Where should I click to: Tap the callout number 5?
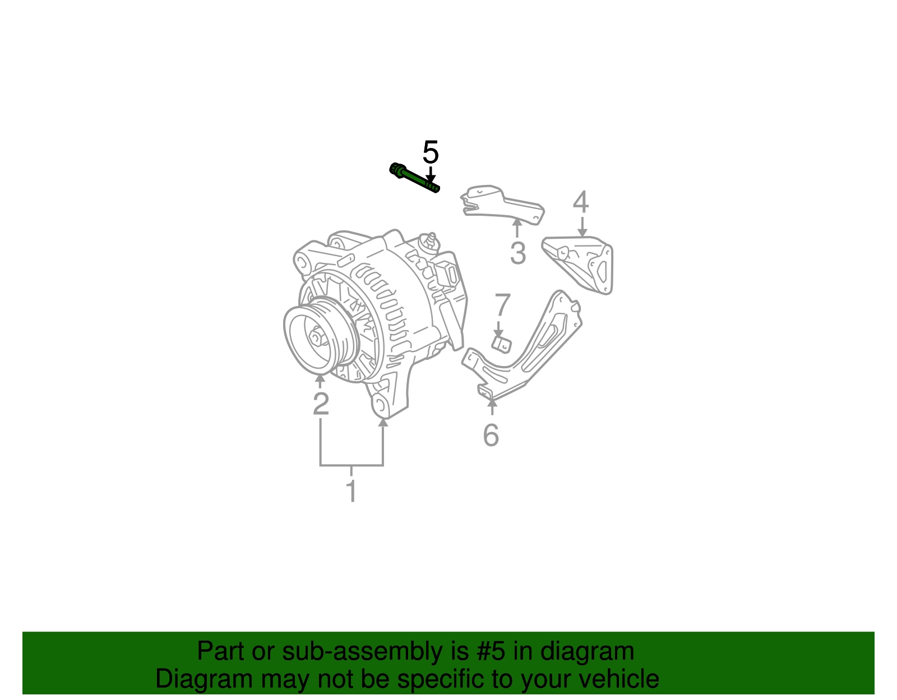coord(431,152)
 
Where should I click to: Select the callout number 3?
coord(517,253)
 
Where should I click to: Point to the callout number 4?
coord(581,202)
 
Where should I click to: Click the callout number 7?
coord(502,306)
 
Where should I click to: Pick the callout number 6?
coord(491,435)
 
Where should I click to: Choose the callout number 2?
coord(321,404)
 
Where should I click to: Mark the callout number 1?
coord(352,491)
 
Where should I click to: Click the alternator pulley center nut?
coord(316,339)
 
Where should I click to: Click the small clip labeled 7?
coord(501,344)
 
